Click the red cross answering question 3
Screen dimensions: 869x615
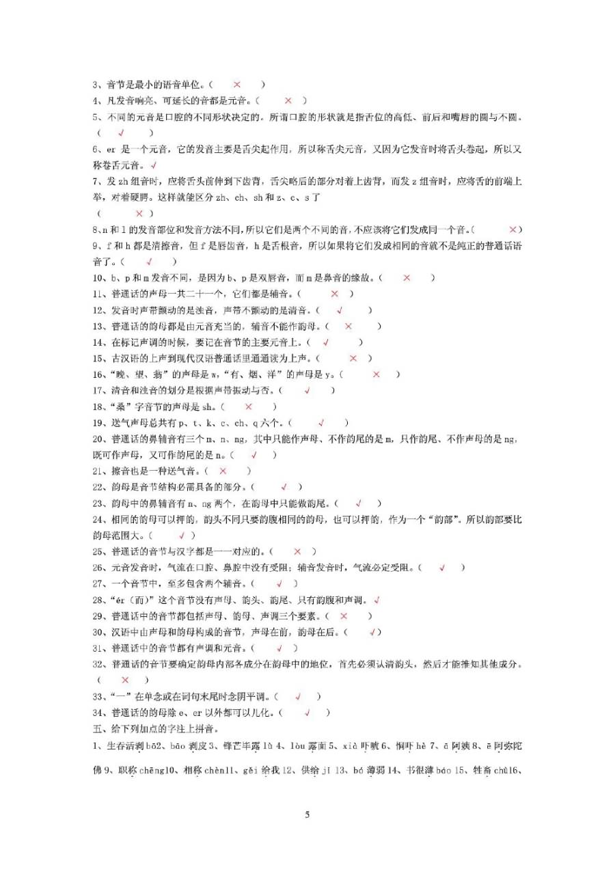237,85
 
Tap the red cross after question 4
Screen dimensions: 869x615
288,101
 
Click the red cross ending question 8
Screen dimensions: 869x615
513,230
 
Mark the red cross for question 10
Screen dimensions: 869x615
407,278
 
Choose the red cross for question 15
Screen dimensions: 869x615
353,359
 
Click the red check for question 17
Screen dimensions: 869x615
307,391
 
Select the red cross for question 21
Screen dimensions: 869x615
223,471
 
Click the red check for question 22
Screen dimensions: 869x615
284,487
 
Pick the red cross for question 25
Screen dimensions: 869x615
297,551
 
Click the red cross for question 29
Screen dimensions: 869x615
344,616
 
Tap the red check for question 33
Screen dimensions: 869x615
299,697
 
